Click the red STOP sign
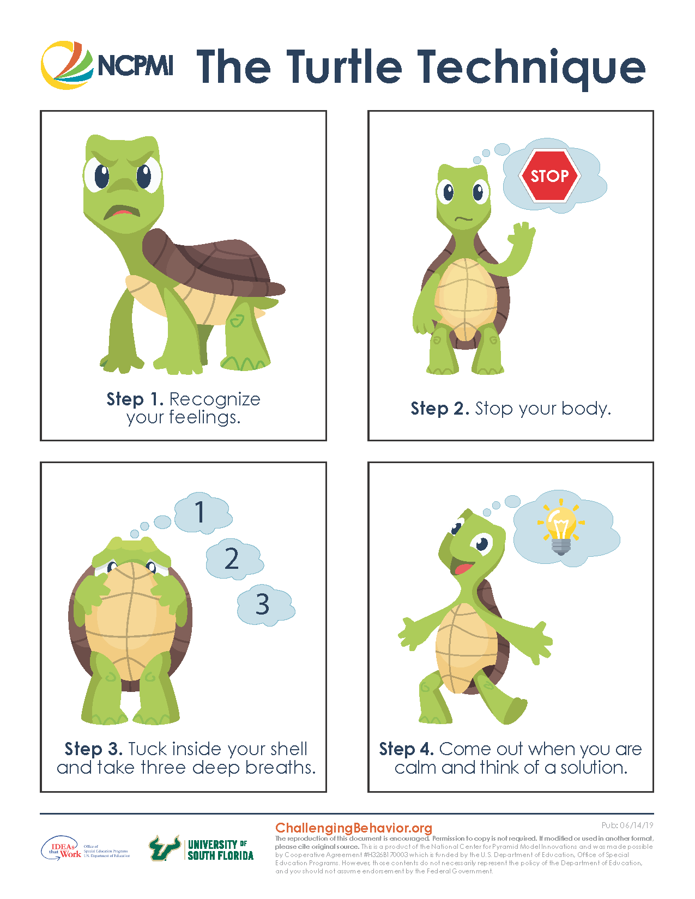549,176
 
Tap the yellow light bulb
560,529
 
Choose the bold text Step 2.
439,409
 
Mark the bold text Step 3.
93,749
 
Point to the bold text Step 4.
406,749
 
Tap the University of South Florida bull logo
165,848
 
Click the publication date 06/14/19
636,825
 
